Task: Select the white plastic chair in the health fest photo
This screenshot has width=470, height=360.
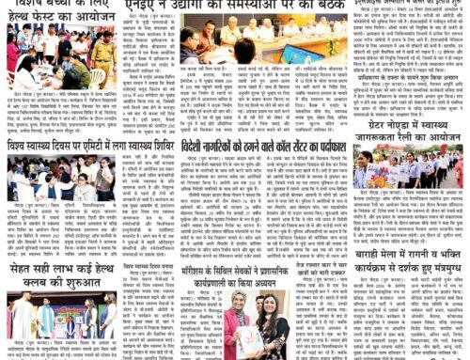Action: [97, 76]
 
